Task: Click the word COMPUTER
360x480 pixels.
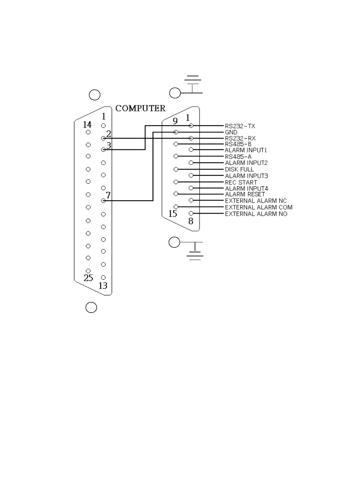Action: [140, 108]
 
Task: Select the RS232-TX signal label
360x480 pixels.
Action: [240, 126]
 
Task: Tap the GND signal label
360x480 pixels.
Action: [231, 132]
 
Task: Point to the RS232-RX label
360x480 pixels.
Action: [240, 138]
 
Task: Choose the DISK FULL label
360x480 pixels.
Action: [239, 169]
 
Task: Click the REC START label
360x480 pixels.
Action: [241, 182]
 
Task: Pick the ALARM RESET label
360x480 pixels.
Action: [245, 194]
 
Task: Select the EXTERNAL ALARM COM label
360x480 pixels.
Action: [259, 207]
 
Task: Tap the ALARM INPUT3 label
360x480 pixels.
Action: [246, 176]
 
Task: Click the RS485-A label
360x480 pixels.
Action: [238, 157]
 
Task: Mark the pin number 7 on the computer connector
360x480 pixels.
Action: [109, 195]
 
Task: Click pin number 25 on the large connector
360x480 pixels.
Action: [88, 278]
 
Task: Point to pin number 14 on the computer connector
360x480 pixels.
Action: [87, 125]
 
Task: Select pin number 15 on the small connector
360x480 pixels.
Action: [173, 214]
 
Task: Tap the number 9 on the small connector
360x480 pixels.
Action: [175, 121]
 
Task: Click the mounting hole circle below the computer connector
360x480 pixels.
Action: [91, 307]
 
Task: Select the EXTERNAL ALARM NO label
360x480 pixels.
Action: [256, 214]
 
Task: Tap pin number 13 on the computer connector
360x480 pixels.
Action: [103, 286]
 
